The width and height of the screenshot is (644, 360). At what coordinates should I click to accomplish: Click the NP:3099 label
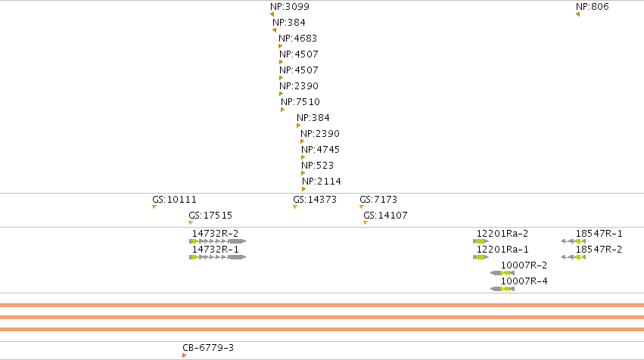(x=290, y=7)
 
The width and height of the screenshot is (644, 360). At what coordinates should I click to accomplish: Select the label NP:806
(x=593, y=7)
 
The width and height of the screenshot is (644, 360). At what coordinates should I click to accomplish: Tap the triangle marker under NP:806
(x=577, y=15)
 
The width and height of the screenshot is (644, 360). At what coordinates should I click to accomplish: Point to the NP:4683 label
(x=297, y=39)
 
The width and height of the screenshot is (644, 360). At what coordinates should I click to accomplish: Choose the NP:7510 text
(x=300, y=102)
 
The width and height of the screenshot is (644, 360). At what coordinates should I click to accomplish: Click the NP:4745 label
(x=320, y=150)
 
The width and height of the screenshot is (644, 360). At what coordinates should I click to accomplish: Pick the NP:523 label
(x=318, y=166)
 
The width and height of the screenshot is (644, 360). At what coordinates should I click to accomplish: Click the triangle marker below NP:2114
(x=304, y=189)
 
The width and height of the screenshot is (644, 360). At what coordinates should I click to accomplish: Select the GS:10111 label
(x=175, y=200)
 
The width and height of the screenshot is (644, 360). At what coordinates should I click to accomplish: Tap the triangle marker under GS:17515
(x=191, y=223)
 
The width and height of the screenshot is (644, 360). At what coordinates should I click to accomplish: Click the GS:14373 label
(x=315, y=200)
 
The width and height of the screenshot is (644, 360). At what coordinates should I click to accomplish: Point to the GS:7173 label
(x=378, y=200)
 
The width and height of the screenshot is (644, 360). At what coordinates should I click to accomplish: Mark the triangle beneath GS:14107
(x=366, y=223)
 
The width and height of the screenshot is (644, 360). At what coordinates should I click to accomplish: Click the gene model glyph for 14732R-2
(x=218, y=241)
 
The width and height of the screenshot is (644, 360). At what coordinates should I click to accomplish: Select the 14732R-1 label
(x=215, y=250)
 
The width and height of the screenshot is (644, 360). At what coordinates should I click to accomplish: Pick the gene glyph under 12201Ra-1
(x=481, y=257)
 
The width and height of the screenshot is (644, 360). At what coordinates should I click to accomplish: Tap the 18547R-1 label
(x=599, y=234)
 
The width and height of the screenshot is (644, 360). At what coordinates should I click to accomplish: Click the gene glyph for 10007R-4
(x=502, y=289)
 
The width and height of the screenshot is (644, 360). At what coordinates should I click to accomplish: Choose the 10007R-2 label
(x=524, y=265)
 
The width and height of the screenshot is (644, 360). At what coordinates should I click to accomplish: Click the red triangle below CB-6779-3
(x=184, y=355)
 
